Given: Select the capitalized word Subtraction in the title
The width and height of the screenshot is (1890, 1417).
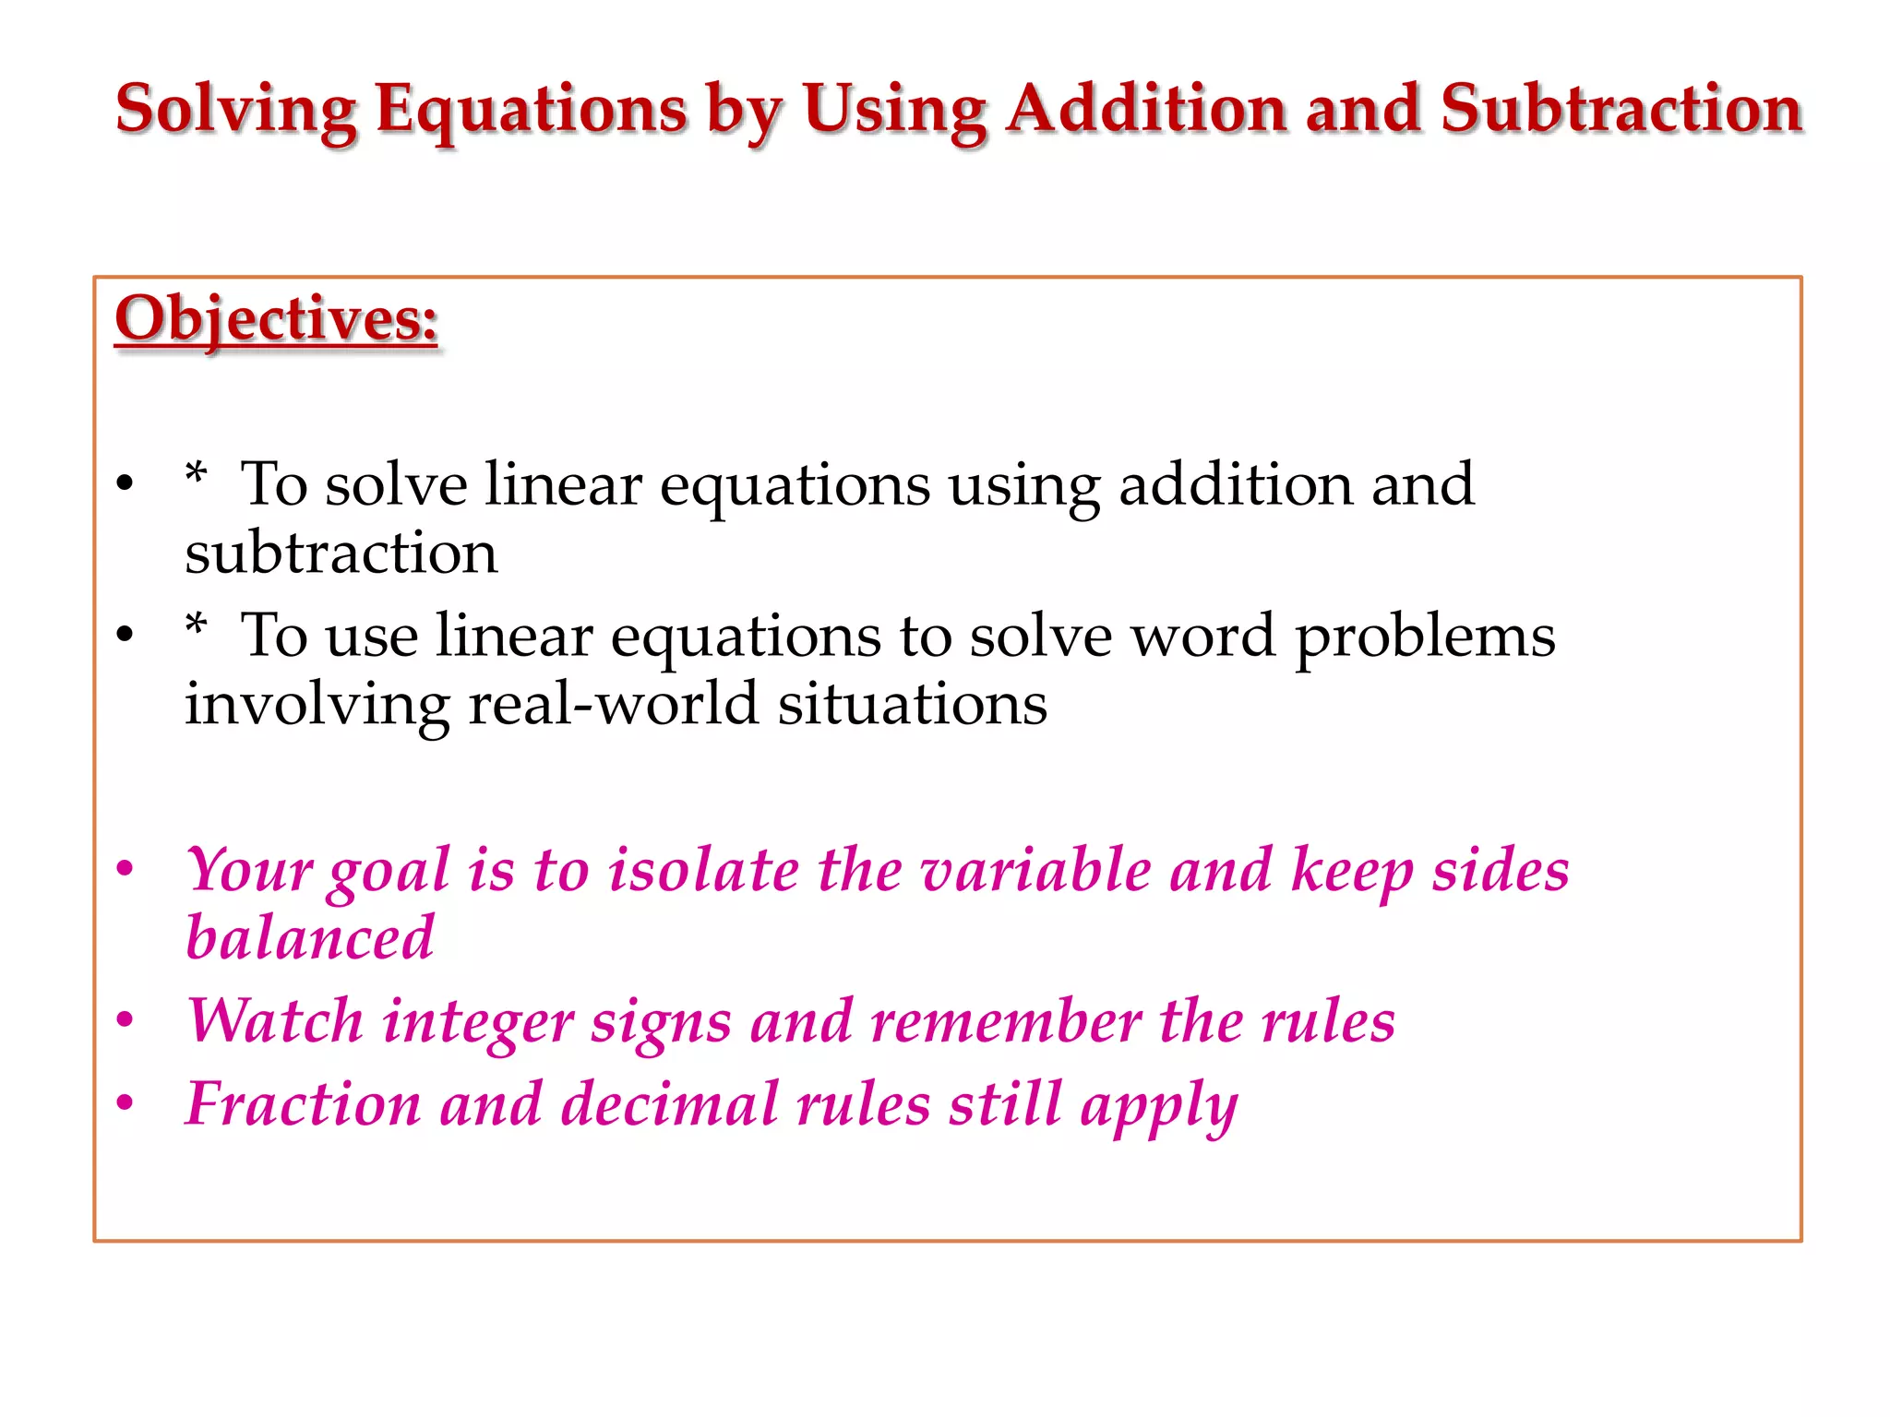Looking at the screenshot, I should point(1621,109).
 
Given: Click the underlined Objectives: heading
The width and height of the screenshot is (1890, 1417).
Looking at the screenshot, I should point(276,319).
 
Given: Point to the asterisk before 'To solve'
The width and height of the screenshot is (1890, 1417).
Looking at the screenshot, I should point(196,476).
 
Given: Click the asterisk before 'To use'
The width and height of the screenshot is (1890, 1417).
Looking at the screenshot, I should point(196,627).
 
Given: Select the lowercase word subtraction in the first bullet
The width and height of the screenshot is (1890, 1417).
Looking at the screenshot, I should point(341,553).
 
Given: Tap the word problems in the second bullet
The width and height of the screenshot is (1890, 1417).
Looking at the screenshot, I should point(1426,637).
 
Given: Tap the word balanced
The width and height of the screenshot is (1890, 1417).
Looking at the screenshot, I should point(310,938).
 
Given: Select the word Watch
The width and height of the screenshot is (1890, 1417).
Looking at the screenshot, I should point(275,1021).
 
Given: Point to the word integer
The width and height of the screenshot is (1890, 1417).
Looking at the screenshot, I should point(478,1023).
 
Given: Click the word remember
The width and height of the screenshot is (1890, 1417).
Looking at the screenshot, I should point(1006,1021).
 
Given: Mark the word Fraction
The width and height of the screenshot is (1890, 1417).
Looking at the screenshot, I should point(303,1104).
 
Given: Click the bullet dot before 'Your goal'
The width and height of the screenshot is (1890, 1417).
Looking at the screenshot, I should point(126,868).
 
